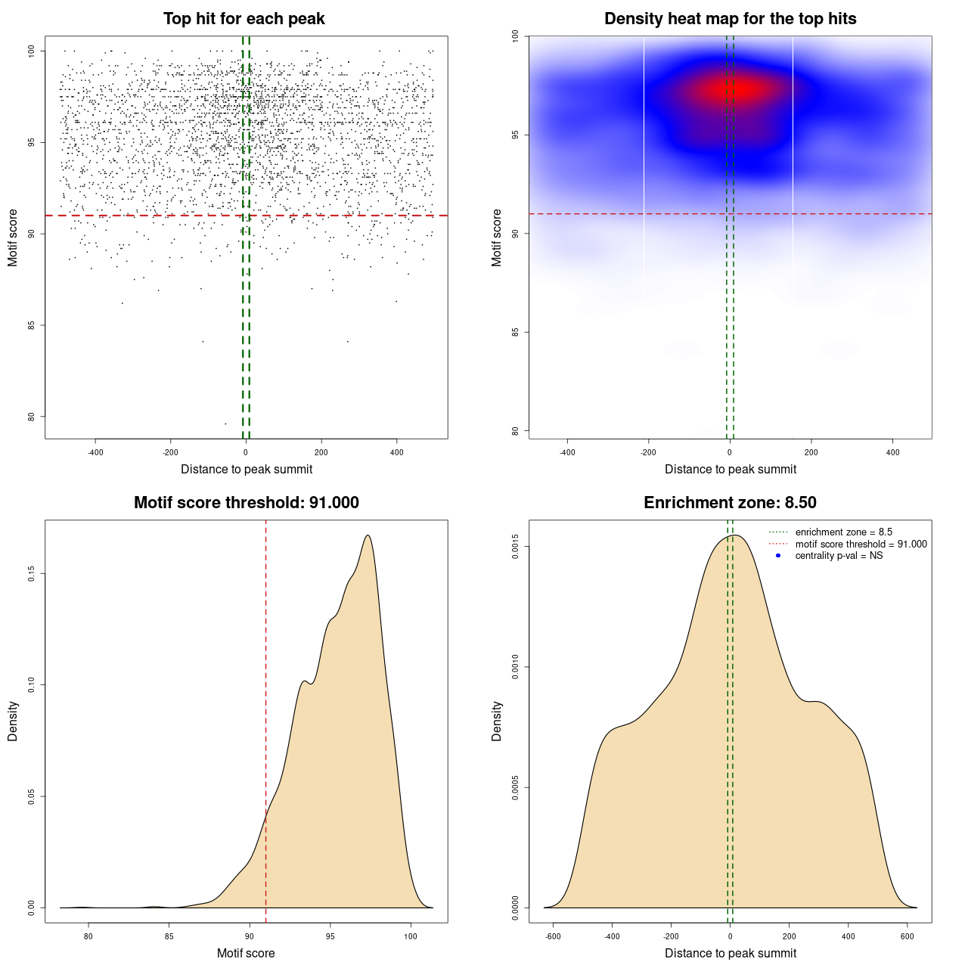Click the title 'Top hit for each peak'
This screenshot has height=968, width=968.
coord(244,19)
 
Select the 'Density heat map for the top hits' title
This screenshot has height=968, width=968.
coord(730,19)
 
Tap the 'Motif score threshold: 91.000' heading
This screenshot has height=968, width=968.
coord(246,503)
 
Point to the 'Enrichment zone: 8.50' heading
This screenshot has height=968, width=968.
coord(730,503)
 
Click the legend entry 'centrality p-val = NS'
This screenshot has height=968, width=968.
coord(839,556)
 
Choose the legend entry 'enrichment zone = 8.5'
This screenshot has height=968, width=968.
coord(843,532)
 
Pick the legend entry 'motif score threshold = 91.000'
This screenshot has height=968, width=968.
coord(861,544)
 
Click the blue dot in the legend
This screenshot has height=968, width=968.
coord(778,556)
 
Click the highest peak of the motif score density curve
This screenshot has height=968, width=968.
coord(368,535)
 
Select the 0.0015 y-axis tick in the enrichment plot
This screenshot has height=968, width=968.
coord(515,547)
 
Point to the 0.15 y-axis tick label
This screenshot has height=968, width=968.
coord(31,574)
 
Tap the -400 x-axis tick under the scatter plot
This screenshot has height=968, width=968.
coord(95,452)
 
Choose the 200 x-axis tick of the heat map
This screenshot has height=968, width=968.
coord(811,452)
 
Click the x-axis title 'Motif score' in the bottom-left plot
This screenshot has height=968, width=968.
coord(246,953)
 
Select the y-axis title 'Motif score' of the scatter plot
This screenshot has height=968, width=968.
coord(13,237)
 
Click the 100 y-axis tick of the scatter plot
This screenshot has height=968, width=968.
coord(31,51)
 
